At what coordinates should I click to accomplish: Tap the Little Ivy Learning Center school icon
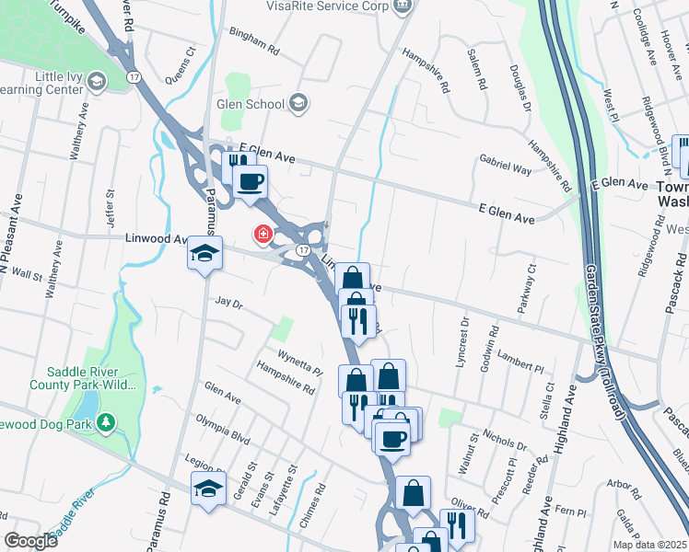pos(95,83)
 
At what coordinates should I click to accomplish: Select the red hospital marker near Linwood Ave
pos(263,236)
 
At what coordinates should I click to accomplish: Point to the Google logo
pos(30,540)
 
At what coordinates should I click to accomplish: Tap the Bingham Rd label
pos(253,44)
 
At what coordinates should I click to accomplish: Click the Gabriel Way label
pos(505,164)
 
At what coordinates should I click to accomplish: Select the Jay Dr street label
pos(228,303)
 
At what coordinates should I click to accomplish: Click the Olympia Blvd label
pos(223,430)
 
